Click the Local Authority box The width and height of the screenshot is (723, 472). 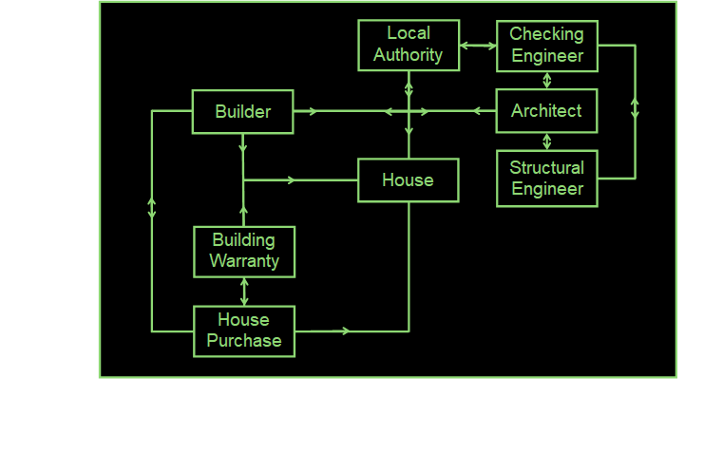click(409, 45)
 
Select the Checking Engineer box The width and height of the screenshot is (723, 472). click(547, 46)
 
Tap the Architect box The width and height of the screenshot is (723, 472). click(546, 111)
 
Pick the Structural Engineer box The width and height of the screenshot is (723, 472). click(547, 178)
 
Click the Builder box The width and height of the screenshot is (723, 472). click(242, 111)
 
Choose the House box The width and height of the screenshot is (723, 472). click(408, 179)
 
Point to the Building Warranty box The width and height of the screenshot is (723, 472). click(244, 251)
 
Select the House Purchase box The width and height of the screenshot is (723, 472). click(244, 330)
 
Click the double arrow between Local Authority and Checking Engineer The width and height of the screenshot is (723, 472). click(478, 45)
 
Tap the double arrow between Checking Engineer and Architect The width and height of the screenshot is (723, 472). click(547, 81)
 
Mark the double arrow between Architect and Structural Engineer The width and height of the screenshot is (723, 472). click(547, 142)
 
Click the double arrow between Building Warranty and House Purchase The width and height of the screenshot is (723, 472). click(244, 292)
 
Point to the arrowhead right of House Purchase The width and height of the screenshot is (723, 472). click(346, 330)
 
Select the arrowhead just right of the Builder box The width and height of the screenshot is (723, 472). click(312, 111)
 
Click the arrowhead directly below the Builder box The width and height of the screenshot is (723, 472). click(243, 147)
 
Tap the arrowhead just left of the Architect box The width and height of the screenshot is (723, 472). click(478, 111)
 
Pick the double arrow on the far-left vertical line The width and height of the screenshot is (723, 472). click(152, 207)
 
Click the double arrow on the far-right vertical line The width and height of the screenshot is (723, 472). click(635, 107)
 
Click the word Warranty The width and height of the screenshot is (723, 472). click(244, 261)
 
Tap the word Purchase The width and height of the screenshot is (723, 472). click(244, 341)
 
